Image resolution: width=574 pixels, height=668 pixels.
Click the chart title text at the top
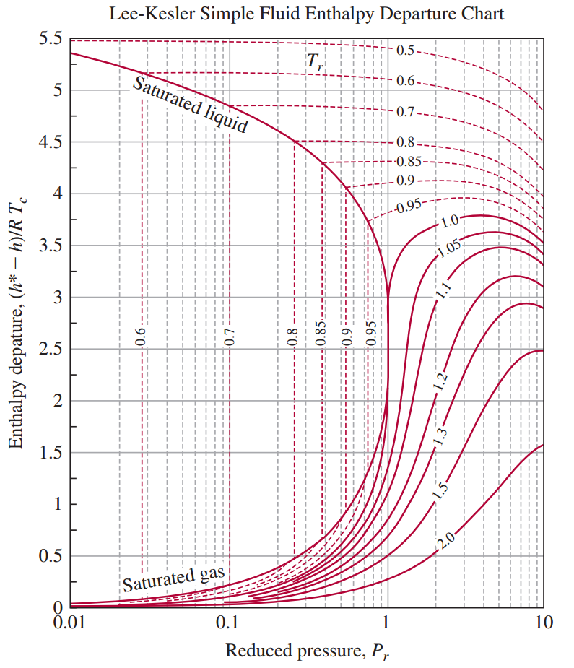306,14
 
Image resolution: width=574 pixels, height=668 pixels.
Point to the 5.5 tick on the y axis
51,39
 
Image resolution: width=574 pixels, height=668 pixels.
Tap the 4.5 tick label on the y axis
51,142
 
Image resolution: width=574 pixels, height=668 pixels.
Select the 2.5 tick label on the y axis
51,350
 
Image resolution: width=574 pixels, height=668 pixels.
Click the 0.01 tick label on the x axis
70,623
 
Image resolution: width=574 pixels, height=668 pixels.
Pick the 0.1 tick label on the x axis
228,623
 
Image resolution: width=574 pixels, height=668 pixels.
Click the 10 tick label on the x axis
543,623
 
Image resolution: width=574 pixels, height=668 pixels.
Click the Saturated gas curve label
174,579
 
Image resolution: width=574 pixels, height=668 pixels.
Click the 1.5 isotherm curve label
440,489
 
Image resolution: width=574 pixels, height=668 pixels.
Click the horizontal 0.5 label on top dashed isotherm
405,51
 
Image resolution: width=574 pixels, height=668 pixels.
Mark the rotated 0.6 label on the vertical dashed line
142,337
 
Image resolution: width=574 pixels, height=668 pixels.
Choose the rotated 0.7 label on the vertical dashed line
230,337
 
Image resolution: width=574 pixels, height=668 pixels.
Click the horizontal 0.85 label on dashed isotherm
408,160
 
